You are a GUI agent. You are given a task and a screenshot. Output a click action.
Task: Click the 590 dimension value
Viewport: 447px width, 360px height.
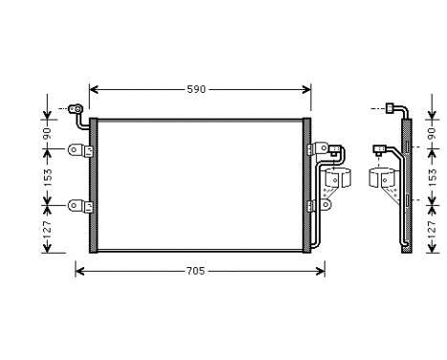pos(196,89)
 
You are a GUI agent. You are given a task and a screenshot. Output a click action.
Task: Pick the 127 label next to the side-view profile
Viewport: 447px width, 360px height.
pos(429,230)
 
